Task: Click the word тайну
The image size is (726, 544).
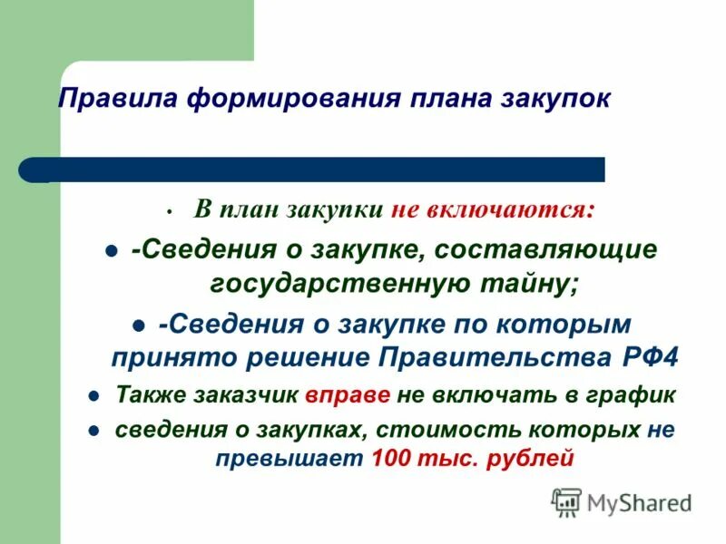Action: point(528,283)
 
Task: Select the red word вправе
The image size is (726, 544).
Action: point(348,396)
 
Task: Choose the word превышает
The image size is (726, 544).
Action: point(289,459)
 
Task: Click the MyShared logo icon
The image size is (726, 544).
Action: point(566,501)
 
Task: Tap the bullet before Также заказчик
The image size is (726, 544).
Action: point(93,397)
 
